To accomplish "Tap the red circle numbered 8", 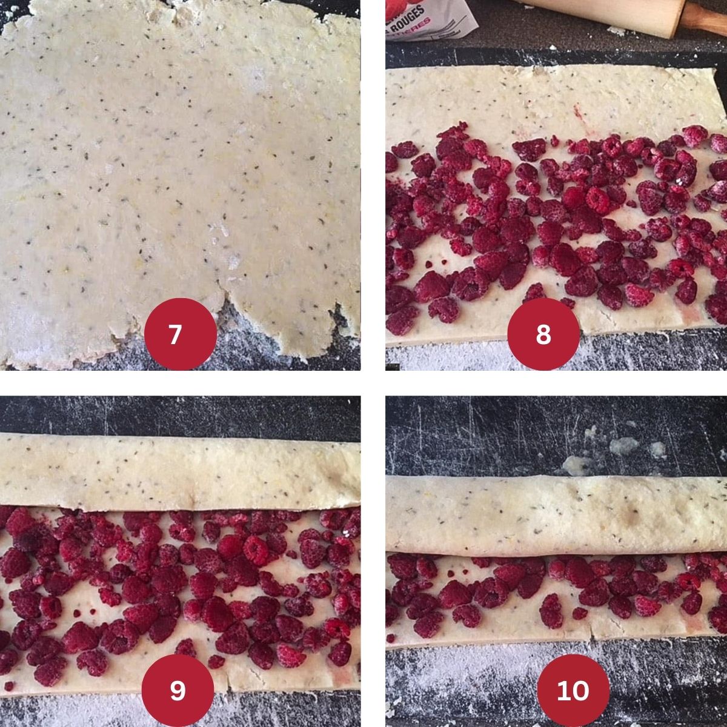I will pos(543,334).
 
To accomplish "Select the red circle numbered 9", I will pos(178,690).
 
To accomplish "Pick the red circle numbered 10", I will pos(573,690).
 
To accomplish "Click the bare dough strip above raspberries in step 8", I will pos(545,100).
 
